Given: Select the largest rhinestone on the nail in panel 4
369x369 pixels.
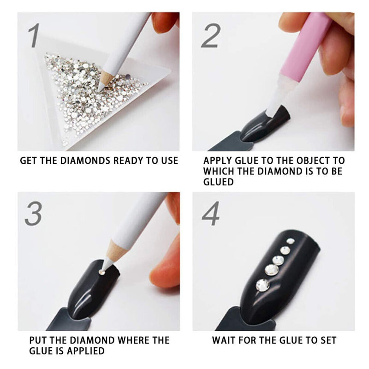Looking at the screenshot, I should (x=262, y=285).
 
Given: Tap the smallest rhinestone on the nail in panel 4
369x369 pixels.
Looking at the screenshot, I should (x=290, y=241).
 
